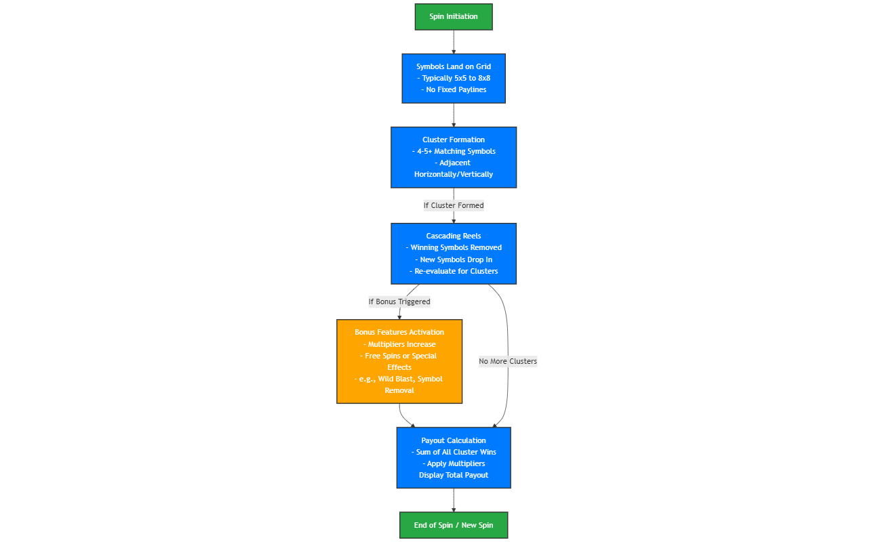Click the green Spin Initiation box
[x=454, y=17]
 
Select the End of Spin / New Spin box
[x=454, y=525]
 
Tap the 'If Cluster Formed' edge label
[x=454, y=205]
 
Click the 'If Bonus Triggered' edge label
[x=399, y=301]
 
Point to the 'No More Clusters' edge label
[x=507, y=361]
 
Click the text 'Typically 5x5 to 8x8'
[x=454, y=78]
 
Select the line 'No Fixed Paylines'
[x=454, y=89]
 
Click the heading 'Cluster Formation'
[x=454, y=140]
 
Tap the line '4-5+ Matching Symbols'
[x=454, y=151]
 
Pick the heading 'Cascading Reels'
[x=454, y=236]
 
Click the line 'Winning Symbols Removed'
[x=454, y=247]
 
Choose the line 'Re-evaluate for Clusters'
[x=454, y=271]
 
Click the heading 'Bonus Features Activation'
[x=399, y=332]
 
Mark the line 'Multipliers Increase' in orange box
[x=399, y=344]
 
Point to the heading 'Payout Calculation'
[x=454, y=440]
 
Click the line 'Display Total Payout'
[x=454, y=475]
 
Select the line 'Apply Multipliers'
[x=454, y=463]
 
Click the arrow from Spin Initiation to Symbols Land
[x=454, y=42]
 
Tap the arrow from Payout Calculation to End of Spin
[x=454, y=500]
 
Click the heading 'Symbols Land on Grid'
[x=454, y=66]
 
